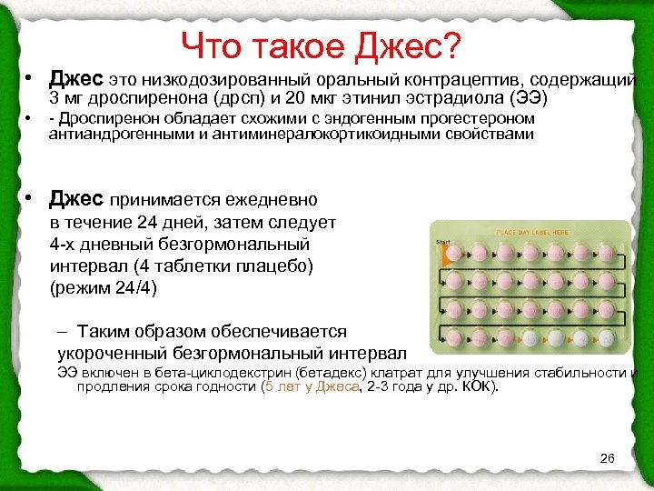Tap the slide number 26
608,457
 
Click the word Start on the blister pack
443,242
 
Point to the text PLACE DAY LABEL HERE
532,233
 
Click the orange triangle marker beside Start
445,252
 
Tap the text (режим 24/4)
104,289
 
